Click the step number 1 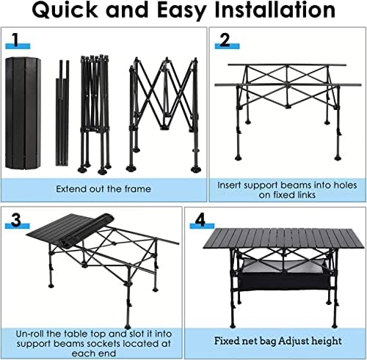point(16,40)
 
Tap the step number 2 point(225,40)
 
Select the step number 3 point(16,220)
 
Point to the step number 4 point(200,220)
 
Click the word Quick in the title point(65,10)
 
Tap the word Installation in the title point(275,10)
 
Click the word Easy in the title point(181,11)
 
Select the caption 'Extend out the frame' point(103,189)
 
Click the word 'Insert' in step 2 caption point(230,185)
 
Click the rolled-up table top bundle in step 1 point(23,113)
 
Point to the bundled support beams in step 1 point(62,113)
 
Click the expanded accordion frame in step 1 point(164,115)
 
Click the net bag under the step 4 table point(284,275)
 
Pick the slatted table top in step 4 point(284,238)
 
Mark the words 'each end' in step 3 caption point(94,353)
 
